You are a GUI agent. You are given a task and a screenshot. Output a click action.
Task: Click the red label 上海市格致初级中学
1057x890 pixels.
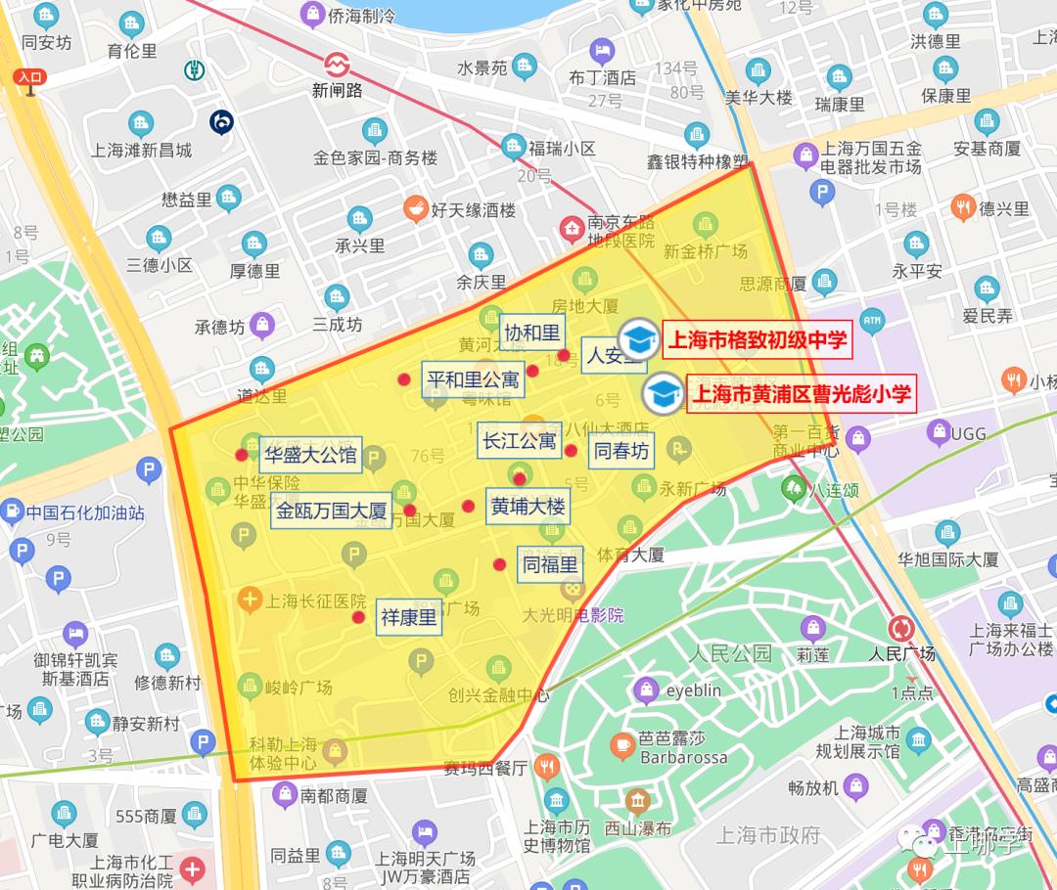[756, 341]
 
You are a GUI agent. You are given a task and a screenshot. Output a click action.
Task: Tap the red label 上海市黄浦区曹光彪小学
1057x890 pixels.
[802, 393]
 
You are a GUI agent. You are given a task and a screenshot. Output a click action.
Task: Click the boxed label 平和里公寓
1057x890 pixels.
[473, 378]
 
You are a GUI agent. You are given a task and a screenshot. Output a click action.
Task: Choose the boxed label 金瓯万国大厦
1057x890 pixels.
[331, 511]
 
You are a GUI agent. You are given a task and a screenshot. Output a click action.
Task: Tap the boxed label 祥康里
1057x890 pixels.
[408, 618]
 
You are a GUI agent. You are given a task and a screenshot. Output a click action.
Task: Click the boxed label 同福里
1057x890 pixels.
[550, 564]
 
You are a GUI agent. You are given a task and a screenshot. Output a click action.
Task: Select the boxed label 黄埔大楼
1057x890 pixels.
[528, 507]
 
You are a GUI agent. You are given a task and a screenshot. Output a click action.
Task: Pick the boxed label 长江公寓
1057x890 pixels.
[519, 441]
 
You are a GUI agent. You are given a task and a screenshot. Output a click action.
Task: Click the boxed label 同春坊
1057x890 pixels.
[621, 451]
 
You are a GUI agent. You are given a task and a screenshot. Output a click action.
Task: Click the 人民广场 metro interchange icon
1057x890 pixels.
[901, 628]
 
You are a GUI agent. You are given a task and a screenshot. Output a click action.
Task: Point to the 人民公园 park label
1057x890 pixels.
[729, 653]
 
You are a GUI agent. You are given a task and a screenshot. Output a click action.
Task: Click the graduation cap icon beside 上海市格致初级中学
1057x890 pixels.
[638, 339]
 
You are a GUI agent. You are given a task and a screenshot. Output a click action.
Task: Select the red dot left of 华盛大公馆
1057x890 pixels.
[242, 455]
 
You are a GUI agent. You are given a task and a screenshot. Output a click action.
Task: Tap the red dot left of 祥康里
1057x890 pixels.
[359, 617]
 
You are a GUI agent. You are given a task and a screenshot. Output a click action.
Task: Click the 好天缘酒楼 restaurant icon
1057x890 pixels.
[415, 208]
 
